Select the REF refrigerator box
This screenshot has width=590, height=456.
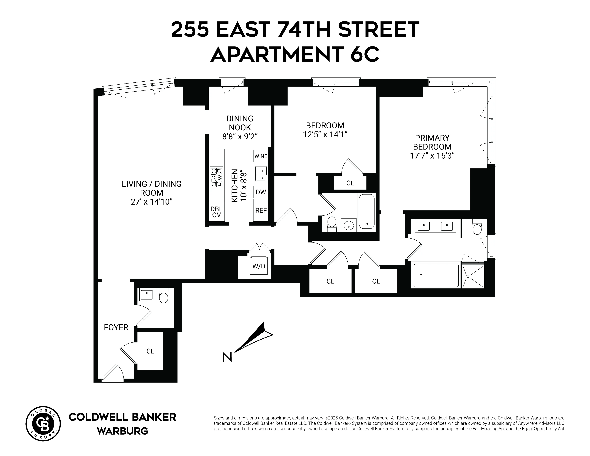(x=261, y=210)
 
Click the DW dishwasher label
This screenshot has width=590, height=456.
(x=261, y=192)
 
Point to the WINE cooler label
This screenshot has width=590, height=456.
(x=261, y=156)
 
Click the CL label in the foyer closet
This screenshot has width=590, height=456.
(x=150, y=351)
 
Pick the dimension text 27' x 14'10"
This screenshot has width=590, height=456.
(x=152, y=202)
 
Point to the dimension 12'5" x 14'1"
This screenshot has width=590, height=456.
(x=325, y=134)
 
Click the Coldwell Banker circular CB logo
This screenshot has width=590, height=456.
(x=43, y=424)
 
